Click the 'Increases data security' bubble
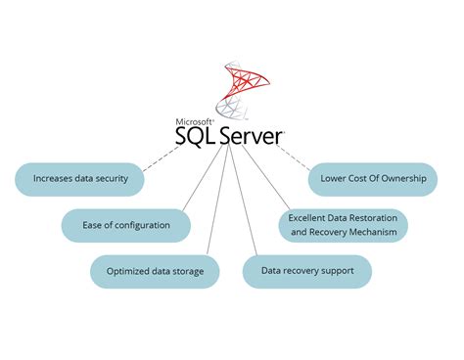(79, 179)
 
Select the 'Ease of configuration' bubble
(124, 225)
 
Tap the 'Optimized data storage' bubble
(155, 271)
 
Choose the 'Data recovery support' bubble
(306, 270)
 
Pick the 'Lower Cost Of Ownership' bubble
(372, 179)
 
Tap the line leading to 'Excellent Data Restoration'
(262, 180)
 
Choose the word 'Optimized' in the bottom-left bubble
(128, 271)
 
